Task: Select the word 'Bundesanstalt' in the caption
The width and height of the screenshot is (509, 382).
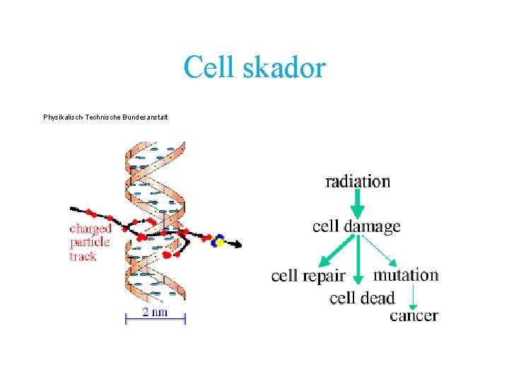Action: pos(148,117)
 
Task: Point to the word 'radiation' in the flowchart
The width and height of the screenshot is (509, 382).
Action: pos(358,182)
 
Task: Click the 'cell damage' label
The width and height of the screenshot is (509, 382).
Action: pos(356,226)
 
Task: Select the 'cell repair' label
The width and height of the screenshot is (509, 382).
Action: pos(308,276)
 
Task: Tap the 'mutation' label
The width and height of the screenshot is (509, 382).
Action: pos(406,274)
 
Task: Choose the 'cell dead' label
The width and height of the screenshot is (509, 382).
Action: pos(362,298)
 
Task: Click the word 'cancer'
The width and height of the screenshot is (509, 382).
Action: pos(414,316)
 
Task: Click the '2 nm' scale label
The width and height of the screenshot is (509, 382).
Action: pos(155,312)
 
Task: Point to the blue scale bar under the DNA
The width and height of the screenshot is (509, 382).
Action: pos(155,320)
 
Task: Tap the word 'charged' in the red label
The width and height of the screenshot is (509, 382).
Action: pos(90,228)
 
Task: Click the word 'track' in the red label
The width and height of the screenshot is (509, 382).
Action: pos(83,256)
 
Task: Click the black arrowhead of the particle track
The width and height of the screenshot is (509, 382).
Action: pos(238,245)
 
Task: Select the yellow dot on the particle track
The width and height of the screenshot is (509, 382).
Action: pos(220,243)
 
